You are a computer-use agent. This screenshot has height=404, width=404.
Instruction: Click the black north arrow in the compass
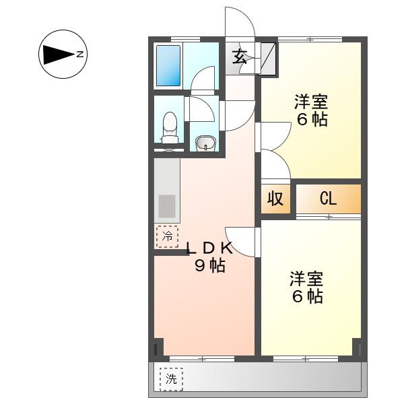coord(59,55)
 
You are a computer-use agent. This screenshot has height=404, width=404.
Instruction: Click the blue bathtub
coord(168,66)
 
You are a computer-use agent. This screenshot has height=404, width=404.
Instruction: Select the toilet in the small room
coord(170,128)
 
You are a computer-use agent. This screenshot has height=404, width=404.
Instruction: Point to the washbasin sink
coord(205,143)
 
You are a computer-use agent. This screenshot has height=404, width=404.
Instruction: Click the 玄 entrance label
coord(239,57)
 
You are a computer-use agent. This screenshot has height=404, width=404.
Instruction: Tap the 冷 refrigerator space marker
coord(167,236)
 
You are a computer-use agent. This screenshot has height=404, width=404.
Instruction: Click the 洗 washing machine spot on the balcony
coord(171,379)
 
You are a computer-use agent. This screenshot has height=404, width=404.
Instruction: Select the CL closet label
coord(328,199)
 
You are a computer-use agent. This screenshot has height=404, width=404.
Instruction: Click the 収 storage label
coord(275,199)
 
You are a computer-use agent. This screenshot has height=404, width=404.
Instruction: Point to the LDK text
coord(209,248)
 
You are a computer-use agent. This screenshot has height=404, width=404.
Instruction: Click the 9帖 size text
coord(210,265)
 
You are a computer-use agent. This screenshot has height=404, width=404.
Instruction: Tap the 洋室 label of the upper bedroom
coord(311,102)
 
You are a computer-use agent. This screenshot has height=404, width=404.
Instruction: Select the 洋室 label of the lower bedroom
coord(306,279)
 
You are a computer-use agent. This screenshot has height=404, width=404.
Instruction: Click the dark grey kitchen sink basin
coord(167,206)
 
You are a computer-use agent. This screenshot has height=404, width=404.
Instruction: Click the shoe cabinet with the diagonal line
coord(268,59)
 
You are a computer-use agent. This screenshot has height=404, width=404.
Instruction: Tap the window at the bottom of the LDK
coord(202,358)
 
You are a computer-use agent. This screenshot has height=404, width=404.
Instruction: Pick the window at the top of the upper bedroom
coord(310,40)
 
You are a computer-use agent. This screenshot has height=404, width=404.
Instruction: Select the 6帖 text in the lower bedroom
coord(308,296)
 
